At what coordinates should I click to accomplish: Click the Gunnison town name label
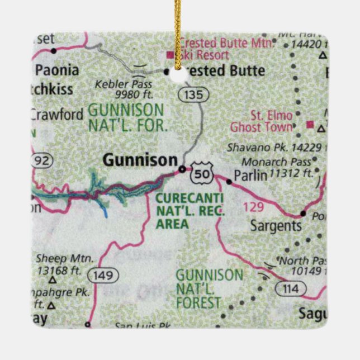pyautogui.click(x=139, y=160)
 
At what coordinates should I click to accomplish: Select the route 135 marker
pyautogui.click(x=194, y=94)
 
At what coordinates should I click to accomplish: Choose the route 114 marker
pyautogui.click(x=291, y=288)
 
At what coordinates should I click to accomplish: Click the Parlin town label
pyautogui.click(x=250, y=175)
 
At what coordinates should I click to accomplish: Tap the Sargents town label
pyautogui.click(x=276, y=226)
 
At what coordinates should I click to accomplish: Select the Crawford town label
pyautogui.click(x=56, y=114)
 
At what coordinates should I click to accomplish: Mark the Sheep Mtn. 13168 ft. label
pyautogui.click(x=58, y=264)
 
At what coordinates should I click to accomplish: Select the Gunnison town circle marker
pyautogui.click(x=182, y=168)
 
